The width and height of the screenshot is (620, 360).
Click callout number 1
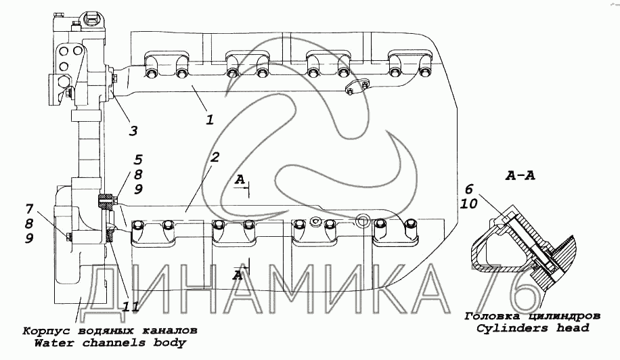click(210, 119)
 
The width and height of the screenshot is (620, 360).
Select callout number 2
click(214, 157)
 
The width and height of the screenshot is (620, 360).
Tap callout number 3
click(133, 131)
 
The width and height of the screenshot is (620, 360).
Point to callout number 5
click(138, 160)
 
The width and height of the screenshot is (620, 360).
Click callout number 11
click(130, 307)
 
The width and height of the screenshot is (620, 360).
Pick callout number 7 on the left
click(29, 208)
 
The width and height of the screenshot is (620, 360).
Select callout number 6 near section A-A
click(468, 189)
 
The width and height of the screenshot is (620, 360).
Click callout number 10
click(469, 204)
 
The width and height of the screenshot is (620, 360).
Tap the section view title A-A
click(521, 175)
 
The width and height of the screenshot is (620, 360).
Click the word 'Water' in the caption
click(53, 342)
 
